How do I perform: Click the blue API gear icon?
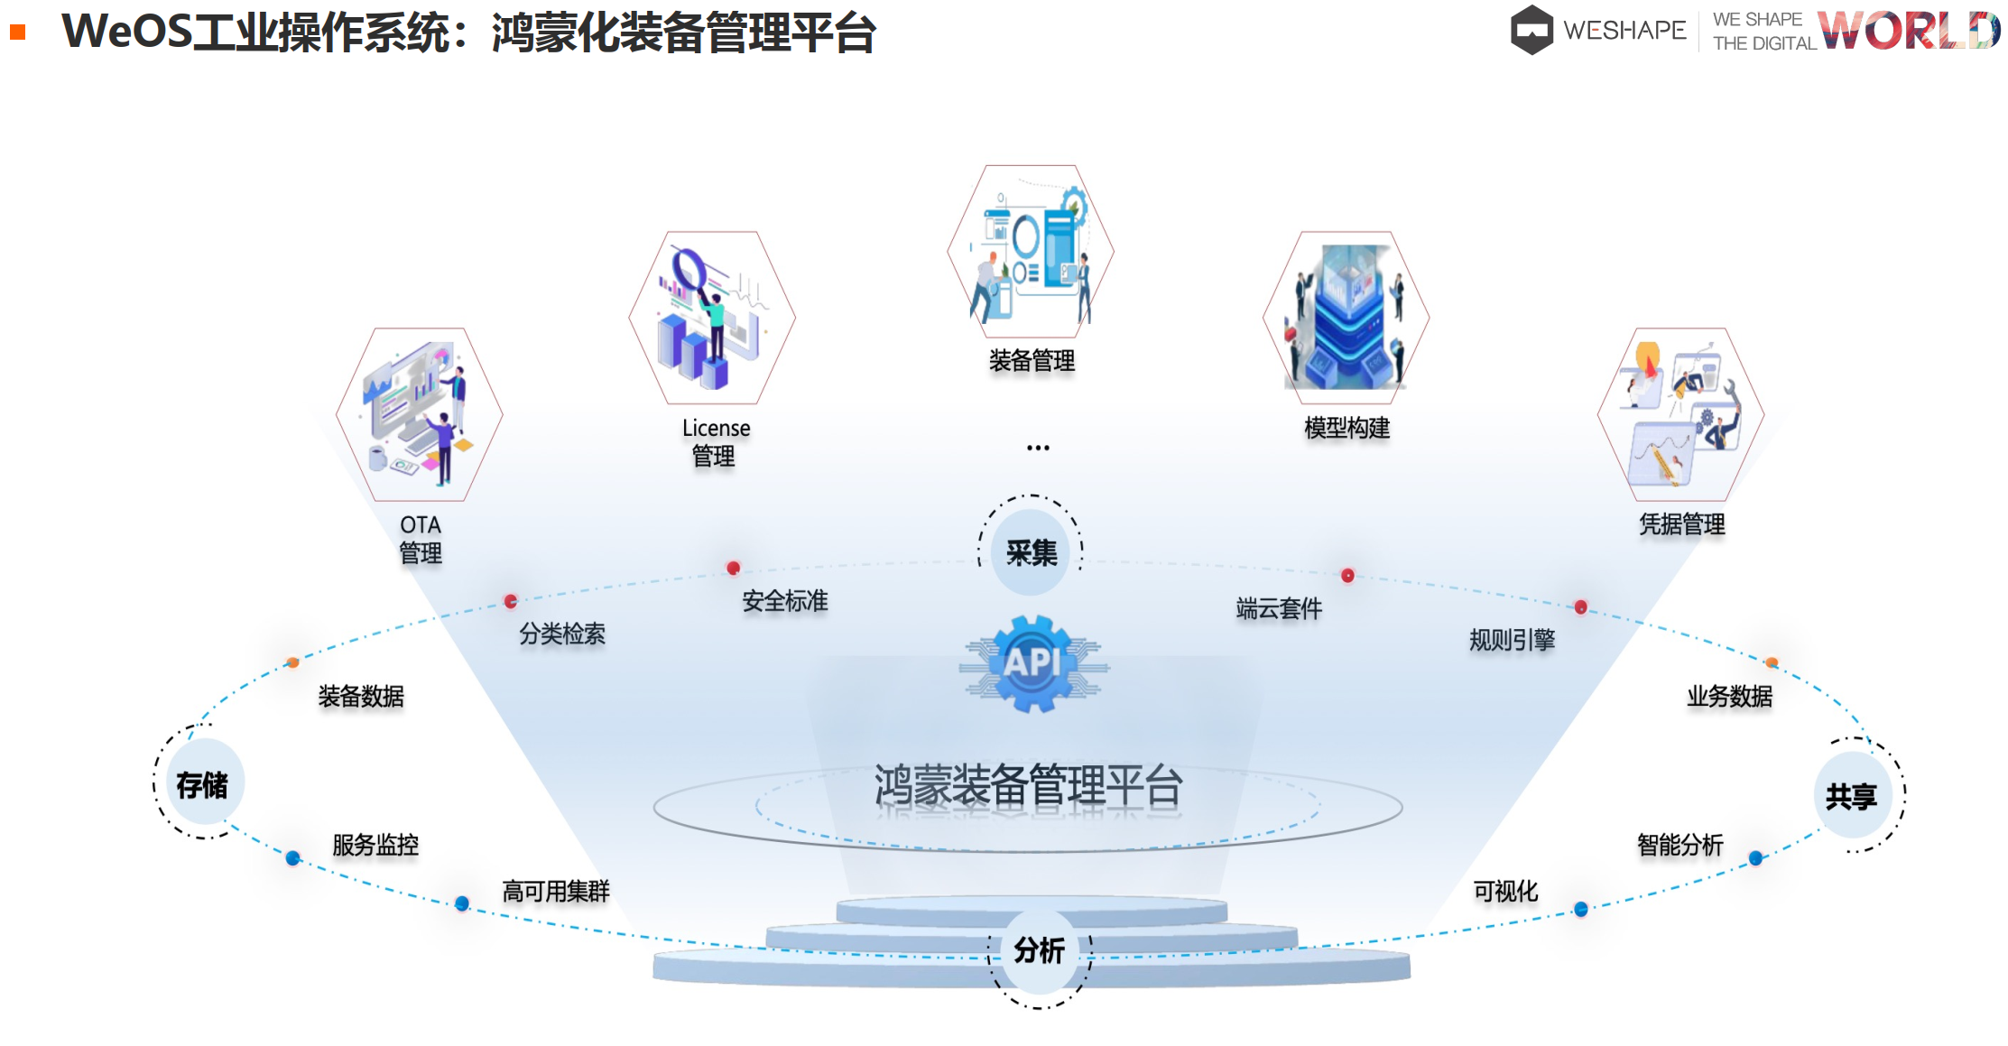1033,663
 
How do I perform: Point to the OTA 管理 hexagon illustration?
420,414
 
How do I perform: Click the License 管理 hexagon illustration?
712,318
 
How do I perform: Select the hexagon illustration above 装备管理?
1031,251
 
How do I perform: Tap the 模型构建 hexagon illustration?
1346,318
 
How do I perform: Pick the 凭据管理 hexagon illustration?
1681,414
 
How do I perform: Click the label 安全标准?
785,601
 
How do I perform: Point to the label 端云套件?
1279,609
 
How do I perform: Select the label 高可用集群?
556,892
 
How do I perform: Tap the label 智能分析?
1680,845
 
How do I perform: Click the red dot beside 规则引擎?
1581,607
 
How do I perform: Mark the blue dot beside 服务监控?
293,858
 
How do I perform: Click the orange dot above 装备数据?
292,663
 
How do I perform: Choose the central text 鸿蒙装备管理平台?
1028,785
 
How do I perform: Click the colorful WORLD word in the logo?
1909,30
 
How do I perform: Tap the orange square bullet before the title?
17,32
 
